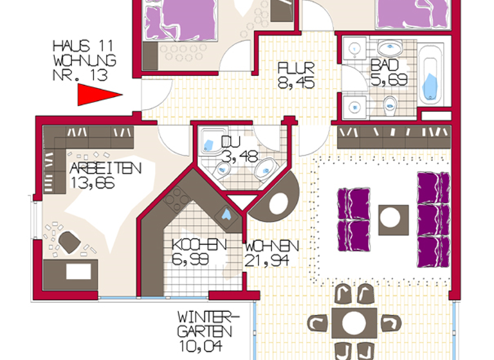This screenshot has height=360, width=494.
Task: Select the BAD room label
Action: (385, 66)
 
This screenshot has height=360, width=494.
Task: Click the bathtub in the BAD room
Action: (432, 73)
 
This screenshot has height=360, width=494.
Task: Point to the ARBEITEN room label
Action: (105, 168)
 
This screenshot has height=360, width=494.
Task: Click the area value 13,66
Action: (93, 182)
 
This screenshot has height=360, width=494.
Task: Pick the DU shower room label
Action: (230, 142)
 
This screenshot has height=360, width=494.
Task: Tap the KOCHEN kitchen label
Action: (199, 245)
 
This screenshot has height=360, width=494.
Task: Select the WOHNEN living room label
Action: (271, 246)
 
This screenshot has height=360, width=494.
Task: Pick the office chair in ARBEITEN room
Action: (69, 242)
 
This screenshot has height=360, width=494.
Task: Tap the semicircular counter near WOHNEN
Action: (277, 201)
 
